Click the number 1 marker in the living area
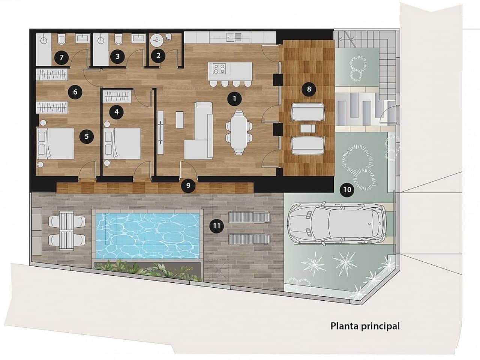coord(234,99)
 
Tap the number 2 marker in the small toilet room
coord(158,56)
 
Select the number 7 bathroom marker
coord(61,58)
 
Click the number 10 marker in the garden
coord(347,190)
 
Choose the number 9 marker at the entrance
coord(188,185)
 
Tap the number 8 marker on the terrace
coord(309,89)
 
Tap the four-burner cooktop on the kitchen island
coord(219,69)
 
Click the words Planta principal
coord(365,326)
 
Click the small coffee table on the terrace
coord(308,129)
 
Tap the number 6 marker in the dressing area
coord(75,91)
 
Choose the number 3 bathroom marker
coord(118,56)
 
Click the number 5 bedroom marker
coord(87,136)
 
